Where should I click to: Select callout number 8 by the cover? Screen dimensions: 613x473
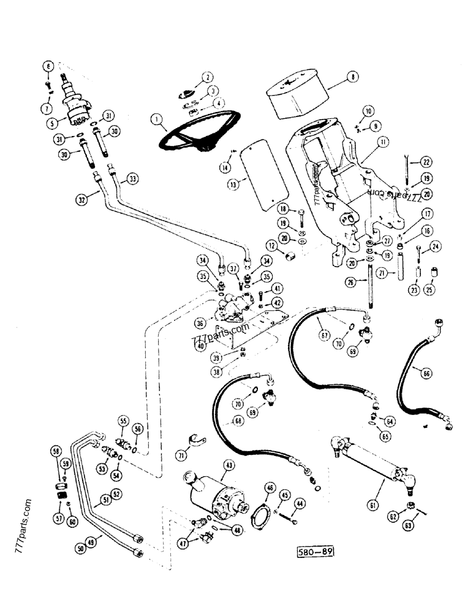point(352,77)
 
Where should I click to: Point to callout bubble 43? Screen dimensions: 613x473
point(227,466)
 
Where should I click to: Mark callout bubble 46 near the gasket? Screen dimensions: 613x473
point(269,488)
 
